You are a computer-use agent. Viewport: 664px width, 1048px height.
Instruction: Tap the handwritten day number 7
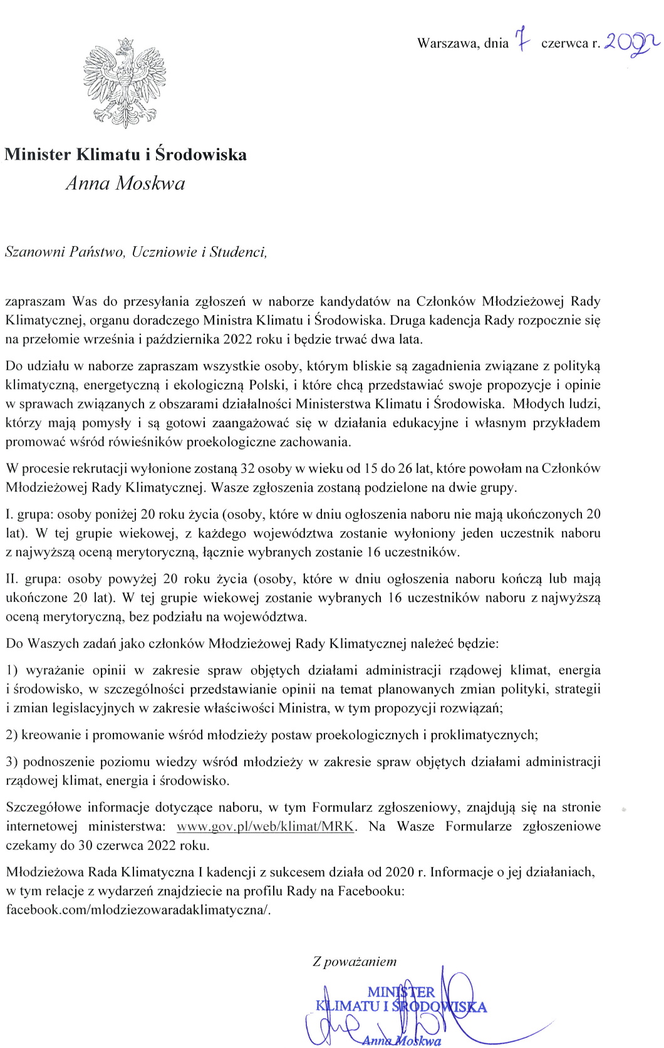[522, 42]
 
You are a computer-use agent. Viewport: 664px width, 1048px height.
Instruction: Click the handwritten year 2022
[631, 43]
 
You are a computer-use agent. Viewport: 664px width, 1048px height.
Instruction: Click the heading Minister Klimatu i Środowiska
[125, 154]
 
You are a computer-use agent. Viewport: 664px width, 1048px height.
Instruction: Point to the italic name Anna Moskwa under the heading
[125, 183]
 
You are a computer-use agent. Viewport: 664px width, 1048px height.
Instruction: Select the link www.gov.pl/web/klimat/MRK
[266, 826]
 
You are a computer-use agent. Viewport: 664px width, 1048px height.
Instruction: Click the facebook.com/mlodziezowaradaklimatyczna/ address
[138, 910]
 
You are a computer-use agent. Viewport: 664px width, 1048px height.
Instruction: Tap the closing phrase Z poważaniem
[355, 961]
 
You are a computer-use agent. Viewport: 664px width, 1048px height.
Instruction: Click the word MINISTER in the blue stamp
[401, 992]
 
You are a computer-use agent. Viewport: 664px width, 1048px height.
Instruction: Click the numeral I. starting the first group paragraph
[9, 514]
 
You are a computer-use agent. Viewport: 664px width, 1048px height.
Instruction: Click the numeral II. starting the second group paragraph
[12, 578]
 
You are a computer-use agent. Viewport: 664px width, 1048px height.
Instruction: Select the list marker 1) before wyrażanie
[12, 670]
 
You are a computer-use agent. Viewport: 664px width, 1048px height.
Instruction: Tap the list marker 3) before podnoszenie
[12, 762]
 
